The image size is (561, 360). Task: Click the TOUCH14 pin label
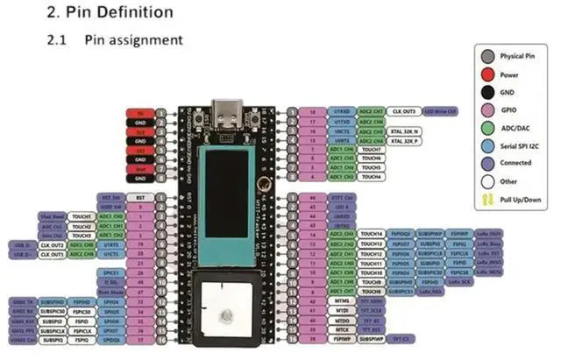(373, 234)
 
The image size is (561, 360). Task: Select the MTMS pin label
(343, 300)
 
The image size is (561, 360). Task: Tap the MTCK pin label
(343, 328)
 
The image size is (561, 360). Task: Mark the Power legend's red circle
(486, 74)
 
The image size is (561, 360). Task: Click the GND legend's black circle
(486, 92)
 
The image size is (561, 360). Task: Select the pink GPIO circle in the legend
(486, 111)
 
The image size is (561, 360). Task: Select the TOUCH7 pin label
(373, 149)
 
